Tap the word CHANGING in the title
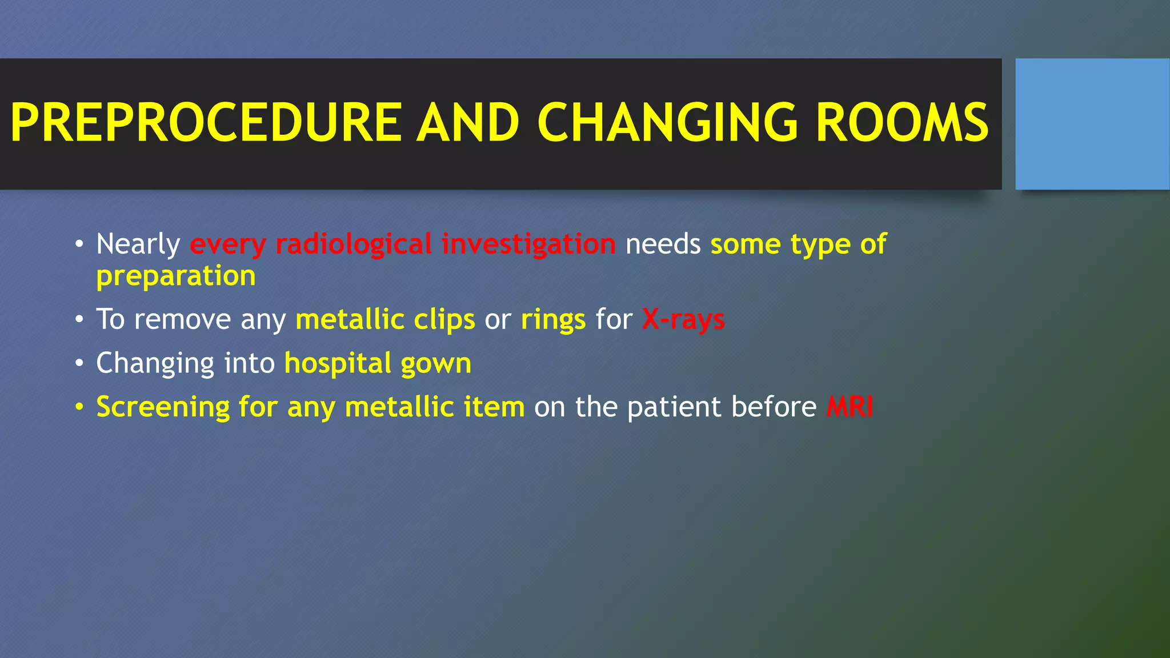click(667, 122)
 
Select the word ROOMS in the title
click(902, 122)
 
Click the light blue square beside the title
click(1092, 124)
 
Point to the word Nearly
click(138, 244)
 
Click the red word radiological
click(353, 244)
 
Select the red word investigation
click(528, 244)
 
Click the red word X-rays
click(683, 319)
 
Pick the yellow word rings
click(553, 320)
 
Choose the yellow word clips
click(444, 320)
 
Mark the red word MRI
click(850, 407)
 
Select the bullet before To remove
click(79, 319)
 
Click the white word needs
click(663, 244)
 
